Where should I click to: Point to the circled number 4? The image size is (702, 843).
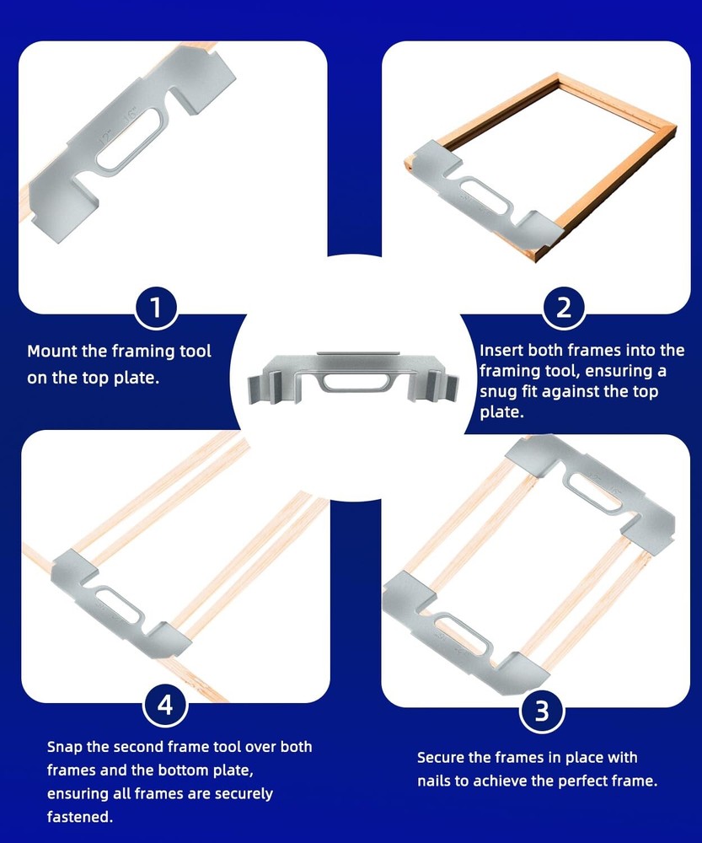coord(164,705)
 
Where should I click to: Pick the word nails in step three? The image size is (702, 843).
coord(437,781)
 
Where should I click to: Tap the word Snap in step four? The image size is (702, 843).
coord(64,747)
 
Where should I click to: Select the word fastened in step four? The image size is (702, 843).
coord(79,817)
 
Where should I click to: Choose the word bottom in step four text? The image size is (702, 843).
coord(215,771)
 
